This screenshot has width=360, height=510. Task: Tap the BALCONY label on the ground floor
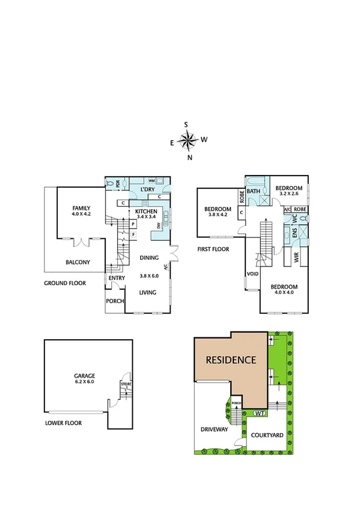pos(78,262)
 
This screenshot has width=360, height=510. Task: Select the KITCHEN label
pos(146,212)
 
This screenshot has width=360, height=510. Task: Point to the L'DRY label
pos(148,190)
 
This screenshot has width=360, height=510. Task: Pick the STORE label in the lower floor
pos(126,384)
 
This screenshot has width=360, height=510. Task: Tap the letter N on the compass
pos(190,158)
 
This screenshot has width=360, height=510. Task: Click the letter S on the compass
pos(186,124)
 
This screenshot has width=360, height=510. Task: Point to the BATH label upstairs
pos(253,191)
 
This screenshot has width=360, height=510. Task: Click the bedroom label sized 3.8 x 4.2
pos(219,211)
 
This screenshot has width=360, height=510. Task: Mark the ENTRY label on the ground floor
pos(116,278)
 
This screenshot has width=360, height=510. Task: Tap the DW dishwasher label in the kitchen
pos(159,226)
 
